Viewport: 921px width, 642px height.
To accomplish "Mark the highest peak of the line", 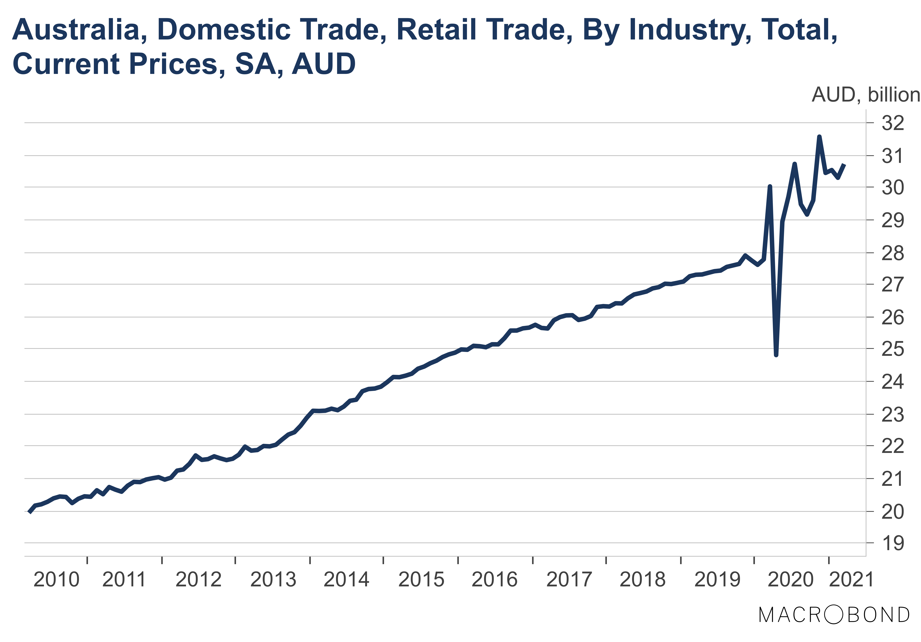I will coord(819,137).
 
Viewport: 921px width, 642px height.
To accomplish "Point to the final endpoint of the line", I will coord(844,164).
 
